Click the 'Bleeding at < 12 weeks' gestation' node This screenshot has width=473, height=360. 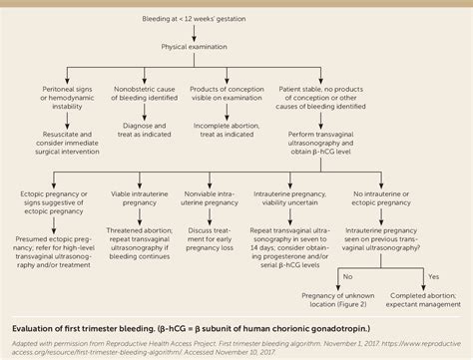point(238,18)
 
